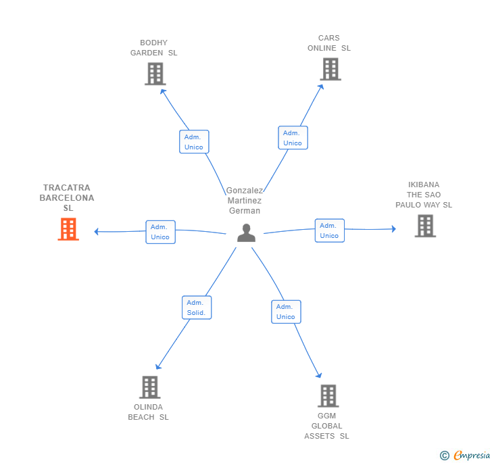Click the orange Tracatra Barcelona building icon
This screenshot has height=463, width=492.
coord(68,229)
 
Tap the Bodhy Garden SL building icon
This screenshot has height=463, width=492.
coord(155,74)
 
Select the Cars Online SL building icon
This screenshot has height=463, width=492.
coord(330,69)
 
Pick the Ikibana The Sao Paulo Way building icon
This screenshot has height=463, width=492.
coord(425,226)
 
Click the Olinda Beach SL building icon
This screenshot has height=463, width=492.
coord(149,387)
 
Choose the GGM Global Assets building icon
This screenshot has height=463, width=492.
coord(328,396)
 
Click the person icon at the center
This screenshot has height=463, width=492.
coord(247,233)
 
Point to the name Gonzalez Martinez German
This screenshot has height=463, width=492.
coord(245,201)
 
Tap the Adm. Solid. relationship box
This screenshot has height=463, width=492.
coord(197,308)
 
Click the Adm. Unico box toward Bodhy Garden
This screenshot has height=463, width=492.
coord(194,142)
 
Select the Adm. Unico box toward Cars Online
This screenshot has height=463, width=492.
coord(293,138)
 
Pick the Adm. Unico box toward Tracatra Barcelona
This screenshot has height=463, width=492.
coord(160,232)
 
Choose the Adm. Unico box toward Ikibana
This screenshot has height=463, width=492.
coord(329,230)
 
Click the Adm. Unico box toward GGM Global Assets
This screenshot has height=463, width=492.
coord(286,312)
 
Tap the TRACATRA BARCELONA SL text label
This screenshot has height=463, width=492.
coord(67,198)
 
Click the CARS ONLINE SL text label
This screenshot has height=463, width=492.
coord(329,43)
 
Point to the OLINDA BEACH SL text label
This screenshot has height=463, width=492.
coord(149,412)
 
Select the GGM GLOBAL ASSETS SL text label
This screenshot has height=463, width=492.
coord(326,426)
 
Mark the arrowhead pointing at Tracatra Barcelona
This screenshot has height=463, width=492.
coord(97,232)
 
